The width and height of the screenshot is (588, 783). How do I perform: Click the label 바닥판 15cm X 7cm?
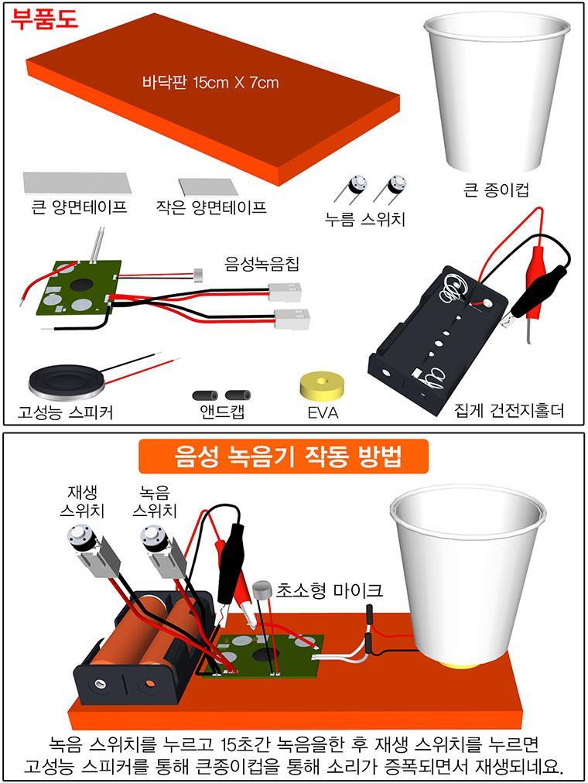click(210, 82)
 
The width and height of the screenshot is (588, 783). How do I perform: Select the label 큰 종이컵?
click(496, 190)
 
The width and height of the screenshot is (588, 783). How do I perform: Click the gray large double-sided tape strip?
click(77, 183)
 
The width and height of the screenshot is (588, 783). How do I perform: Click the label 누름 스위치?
click(364, 219)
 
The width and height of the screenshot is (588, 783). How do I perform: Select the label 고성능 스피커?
click(66, 412)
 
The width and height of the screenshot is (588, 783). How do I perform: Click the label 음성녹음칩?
click(262, 264)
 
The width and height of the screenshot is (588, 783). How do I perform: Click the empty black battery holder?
click(437, 340)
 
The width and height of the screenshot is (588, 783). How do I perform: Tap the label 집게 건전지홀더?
click(509, 411)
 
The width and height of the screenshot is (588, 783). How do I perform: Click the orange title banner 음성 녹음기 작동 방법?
click(283, 456)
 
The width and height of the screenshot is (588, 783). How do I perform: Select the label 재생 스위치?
click(82, 502)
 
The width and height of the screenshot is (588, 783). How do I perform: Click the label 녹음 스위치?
click(155, 502)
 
